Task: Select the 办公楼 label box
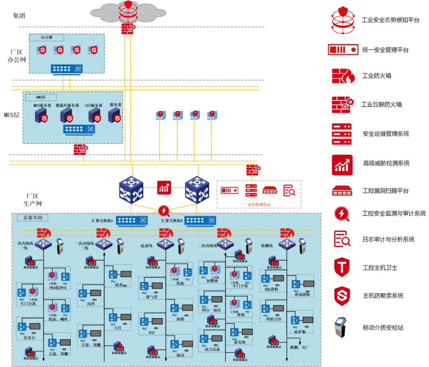click(x=46, y=37)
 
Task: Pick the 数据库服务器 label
click(x=67, y=105)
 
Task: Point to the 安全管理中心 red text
click(x=259, y=205)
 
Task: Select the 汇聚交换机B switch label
click(x=172, y=220)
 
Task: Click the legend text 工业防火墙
click(x=376, y=75)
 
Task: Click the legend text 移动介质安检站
click(x=383, y=328)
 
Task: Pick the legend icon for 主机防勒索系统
click(x=342, y=296)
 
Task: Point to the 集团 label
click(x=19, y=15)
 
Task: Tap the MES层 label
click(x=12, y=115)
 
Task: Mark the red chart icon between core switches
click(x=164, y=187)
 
